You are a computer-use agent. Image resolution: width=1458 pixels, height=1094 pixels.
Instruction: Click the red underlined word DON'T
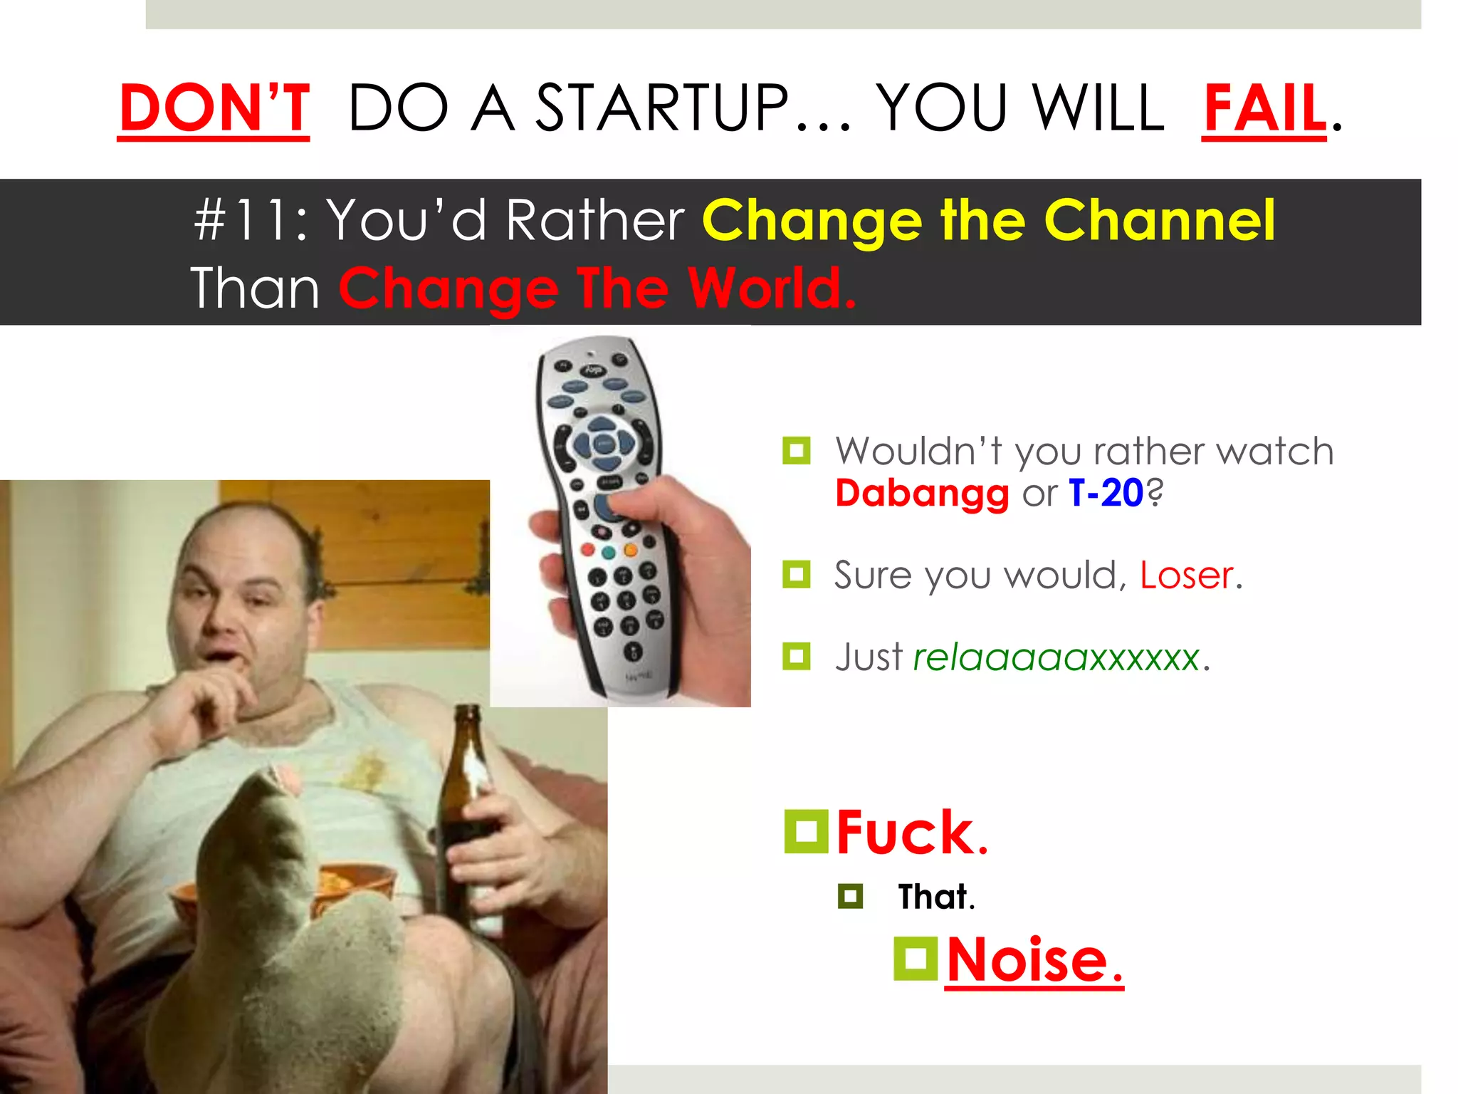click(x=214, y=108)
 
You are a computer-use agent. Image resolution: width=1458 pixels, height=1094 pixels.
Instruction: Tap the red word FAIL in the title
click(x=1264, y=108)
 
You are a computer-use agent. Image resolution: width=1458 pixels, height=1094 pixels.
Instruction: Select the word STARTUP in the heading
click(x=662, y=108)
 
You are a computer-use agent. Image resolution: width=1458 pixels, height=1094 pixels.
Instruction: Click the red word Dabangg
click(x=922, y=494)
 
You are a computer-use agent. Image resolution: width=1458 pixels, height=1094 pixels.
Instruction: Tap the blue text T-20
click(x=1106, y=493)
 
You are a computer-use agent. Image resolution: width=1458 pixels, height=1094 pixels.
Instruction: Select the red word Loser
click(x=1186, y=575)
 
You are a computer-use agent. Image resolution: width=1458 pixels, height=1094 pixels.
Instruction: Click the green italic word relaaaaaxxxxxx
click(x=1056, y=657)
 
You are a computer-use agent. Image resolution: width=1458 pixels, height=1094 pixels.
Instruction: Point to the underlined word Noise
click(x=1034, y=961)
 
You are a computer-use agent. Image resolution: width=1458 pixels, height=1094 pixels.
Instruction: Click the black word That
click(x=935, y=897)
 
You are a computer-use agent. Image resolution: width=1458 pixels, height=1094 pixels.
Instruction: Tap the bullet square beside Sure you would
click(x=796, y=574)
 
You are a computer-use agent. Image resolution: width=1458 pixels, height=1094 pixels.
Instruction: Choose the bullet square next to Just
click(x=796, y=656)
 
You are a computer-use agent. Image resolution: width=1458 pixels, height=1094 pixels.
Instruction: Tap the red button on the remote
click(x=587, y=549)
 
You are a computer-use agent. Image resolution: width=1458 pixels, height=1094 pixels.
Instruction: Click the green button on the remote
click(x=609, y=552)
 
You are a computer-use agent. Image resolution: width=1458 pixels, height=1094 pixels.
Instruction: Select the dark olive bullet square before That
click(x=850, y=896)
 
